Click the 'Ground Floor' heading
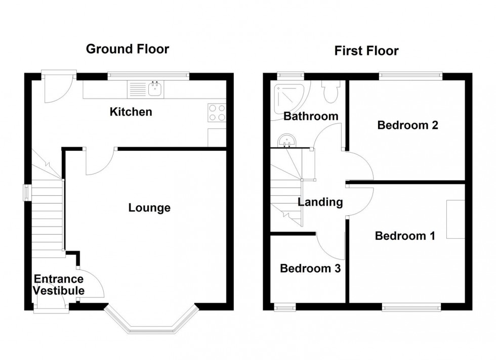(127, 49)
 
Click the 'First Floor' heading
(366, 51)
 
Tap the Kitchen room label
(131, 112)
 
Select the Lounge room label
(149, 208)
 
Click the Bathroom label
(311, 116)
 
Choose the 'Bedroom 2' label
(407, 125)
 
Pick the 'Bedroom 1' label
(404, 236)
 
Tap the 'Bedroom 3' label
(310, 268)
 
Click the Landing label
(320, 203)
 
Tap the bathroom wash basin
(287, 140)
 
